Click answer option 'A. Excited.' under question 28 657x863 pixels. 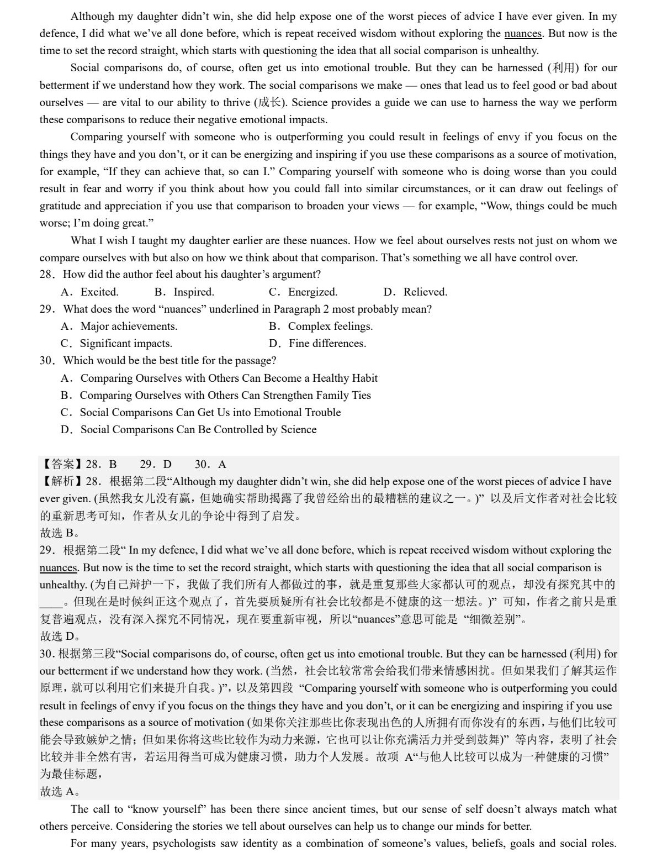(89, 292)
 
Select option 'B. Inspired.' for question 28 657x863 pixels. (184, 292)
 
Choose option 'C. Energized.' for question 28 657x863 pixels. (303, 292)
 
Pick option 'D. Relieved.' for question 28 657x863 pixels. (415, 292)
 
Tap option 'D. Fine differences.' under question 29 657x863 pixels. (317, 343)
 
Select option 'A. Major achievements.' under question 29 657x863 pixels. (119, 326)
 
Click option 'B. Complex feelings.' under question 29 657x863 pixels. (321, 326)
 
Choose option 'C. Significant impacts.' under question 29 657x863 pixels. (116, 343)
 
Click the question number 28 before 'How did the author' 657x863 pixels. (46, 274)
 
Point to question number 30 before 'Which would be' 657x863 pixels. (46, 360)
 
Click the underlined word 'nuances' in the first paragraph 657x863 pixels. (523, 33)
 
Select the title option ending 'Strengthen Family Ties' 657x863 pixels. (216, 395)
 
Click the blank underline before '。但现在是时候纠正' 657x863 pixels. (51, 602)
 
